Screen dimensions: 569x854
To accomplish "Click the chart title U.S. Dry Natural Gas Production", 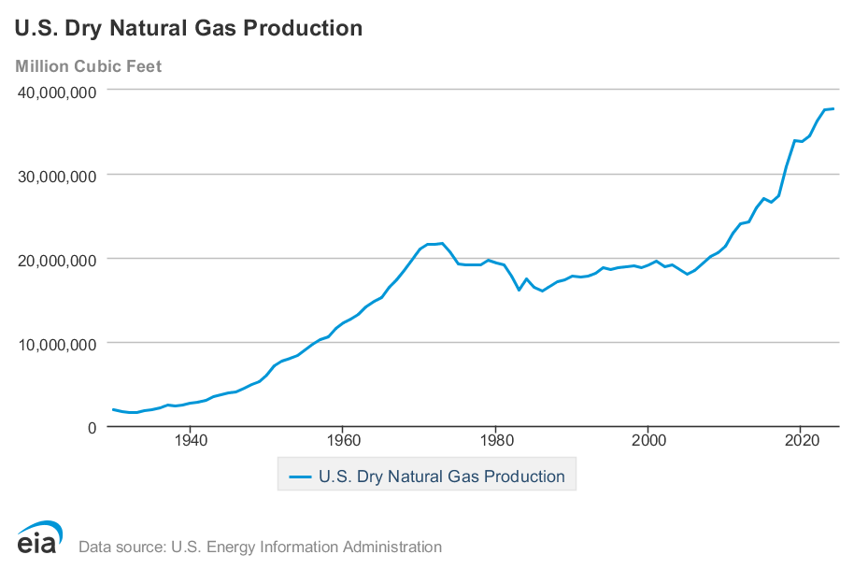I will [x=188, y=28].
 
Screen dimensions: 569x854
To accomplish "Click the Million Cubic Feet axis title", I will [x=88, y=66].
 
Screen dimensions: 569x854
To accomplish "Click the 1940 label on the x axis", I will [x=191, y=439].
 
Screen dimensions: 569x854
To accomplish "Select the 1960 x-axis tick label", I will [x=343, y=439].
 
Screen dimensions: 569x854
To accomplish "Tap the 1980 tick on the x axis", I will [x=495, y=439].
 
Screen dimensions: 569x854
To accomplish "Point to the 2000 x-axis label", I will [x=648, y=439].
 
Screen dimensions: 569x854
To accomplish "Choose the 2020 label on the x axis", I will [x=801, y=439].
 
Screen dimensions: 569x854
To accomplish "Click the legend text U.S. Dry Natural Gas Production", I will [x=441, y=477].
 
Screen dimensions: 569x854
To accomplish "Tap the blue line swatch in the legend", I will [x=299, y=477].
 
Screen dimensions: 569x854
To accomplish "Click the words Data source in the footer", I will [x=116, y=548].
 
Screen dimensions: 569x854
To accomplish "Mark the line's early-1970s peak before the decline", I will [x=442, y=244].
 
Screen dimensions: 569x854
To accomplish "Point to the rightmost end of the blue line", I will [x=833, y=108].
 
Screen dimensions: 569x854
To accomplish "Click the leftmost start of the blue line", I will [x=112, y=409].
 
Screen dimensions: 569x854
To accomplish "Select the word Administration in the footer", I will [x=395, y=548].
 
